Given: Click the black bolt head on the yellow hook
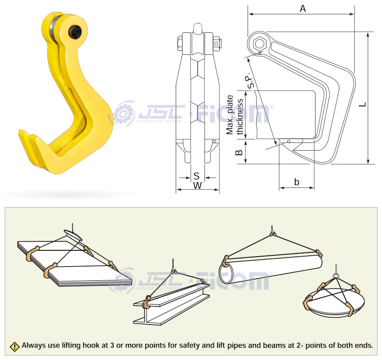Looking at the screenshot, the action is (x=75, y=31).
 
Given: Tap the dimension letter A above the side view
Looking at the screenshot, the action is (x=302, y=9).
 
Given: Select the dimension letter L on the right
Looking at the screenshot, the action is (x=363, y=104).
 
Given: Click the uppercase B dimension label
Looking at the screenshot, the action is (x=239, y=152).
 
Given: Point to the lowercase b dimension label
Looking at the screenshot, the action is (x=297, y=182).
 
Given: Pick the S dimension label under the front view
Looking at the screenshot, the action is (x=196, y=176).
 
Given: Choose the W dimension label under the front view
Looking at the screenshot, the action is (x=198, y=186).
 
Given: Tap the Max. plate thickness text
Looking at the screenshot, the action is (x=234, y=115).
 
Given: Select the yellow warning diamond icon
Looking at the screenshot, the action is (x=15, y=347).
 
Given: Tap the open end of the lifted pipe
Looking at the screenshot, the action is (x=227, y=274).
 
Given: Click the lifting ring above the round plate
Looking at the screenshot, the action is (x=336, y=276).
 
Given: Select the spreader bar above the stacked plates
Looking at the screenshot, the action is (x=73, y=235).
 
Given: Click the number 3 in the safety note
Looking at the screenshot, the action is (x=112, y=345).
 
